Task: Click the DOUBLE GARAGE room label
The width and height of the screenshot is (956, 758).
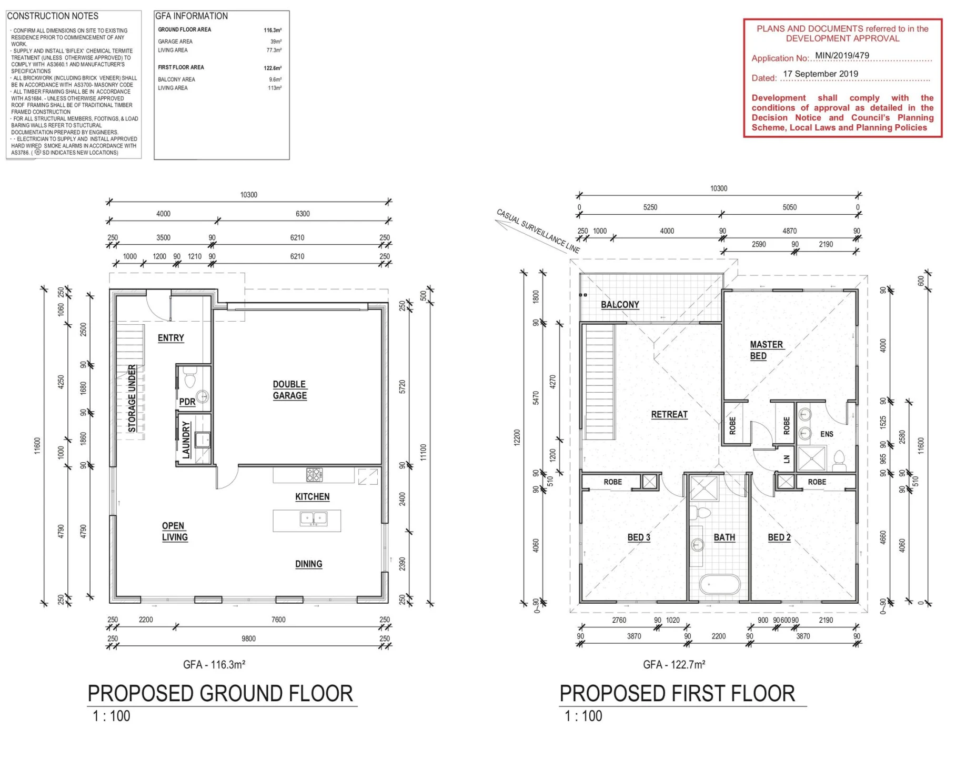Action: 289,390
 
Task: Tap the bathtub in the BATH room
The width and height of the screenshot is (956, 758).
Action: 720,584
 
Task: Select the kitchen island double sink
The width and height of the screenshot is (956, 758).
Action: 314,519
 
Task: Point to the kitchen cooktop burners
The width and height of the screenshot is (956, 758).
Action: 314,475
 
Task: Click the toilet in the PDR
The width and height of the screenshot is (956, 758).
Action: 190,377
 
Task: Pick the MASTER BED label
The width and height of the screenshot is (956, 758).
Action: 766,350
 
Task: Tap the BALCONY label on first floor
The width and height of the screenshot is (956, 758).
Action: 620,305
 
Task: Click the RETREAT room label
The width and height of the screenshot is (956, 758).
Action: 669,415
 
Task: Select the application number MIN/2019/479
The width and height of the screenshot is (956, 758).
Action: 842,55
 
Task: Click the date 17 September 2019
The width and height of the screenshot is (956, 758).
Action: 820,74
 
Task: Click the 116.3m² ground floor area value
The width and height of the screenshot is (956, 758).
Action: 273,31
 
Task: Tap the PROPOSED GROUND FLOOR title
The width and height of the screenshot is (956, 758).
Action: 220,694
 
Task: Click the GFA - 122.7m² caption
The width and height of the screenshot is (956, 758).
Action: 674,665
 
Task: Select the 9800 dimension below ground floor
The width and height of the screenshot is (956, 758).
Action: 248,639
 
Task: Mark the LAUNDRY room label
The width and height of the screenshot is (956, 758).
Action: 186,440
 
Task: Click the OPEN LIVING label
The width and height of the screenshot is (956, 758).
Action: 175,532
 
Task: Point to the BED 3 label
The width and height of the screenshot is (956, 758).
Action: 639,537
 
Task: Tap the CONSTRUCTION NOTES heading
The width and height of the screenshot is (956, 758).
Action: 53,16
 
